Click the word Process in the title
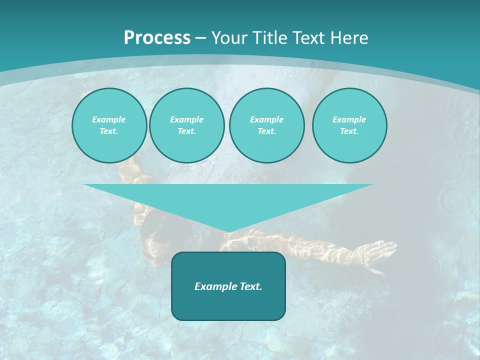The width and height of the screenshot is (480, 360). [157, 38]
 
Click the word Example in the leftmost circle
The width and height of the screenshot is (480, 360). [109, 119]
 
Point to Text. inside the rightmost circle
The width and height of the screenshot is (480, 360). [349, 131]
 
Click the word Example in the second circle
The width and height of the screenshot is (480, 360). [186, 119]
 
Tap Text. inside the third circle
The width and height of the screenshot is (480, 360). [266, 131]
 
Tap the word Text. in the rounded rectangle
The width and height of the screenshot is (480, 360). [251, 286]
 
